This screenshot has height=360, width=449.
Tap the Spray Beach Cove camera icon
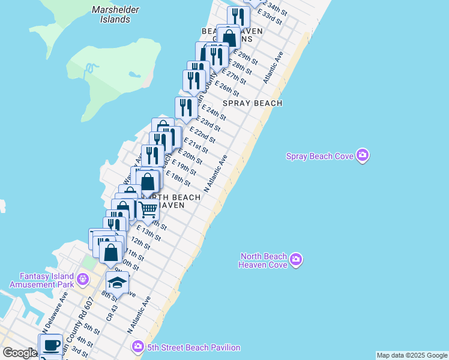pyautogui.click(x=362, y=156)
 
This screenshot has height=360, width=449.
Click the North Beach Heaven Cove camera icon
pyautogui.click(x=295, y=259)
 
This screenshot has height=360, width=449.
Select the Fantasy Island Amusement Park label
pyautogui.click(x=41, y=280)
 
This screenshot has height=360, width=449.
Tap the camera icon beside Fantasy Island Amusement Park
pyautogui.click(x=83, y=280)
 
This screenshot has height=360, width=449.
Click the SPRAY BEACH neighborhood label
pyautogui.click(x=252, y=103)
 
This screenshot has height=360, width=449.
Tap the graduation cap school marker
pyautogui.click(x=117, y=283)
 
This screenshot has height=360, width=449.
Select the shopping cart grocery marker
pyautogui.click(x=147, y=209)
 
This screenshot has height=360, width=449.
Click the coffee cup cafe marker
pyautogui.click(x=51, y=345)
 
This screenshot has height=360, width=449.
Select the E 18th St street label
pyautogui.click(x=179, y=178)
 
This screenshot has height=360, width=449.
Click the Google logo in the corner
pyautogui.click(x=19, y=353)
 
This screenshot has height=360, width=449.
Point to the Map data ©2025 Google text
pyautogui.click(x=412, y=355)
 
